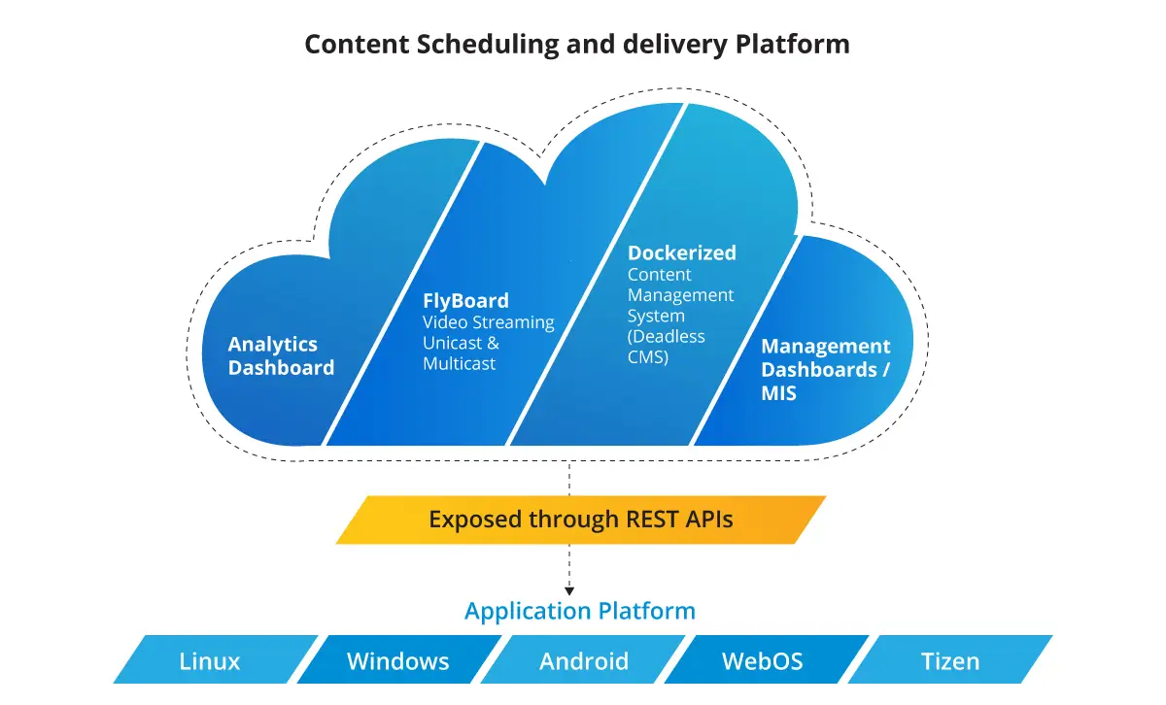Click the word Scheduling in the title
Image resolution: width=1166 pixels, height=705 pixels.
click(x=487, y=45)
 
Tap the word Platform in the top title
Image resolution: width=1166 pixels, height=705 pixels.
click(x=792, y=45)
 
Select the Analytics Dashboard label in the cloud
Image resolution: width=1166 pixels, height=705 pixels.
click(x=281, y=355)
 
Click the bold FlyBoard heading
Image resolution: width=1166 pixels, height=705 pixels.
click(x=465, y=301)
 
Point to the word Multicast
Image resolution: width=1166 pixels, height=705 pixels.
click(x=459, y=363)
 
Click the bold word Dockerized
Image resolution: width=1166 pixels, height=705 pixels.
click(x=682, y=252)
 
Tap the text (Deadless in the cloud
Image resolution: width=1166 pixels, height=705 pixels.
click(x=666, y=337)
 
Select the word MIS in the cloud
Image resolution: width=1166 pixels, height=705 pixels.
click(x=778, y=393)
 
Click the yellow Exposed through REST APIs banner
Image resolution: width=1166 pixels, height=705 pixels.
click(x=581, y=520)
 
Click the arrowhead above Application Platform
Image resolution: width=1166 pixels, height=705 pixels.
click(x=569, y=591)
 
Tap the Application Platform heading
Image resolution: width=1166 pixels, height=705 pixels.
click(x=580, y=612)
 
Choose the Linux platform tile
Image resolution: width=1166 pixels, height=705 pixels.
click(x=216, y=659)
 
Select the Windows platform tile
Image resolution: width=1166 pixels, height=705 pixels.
click(x=399, y=659)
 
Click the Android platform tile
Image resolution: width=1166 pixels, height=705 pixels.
click(x=583, y=659)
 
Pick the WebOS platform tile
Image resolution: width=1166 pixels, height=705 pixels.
click(x=767, y=659)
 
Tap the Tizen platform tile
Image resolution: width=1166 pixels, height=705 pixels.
click(x=950, y=659)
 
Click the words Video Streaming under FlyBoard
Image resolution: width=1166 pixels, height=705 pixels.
click(x=488, y=322)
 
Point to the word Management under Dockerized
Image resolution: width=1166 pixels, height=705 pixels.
click(x=680, y=295)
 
